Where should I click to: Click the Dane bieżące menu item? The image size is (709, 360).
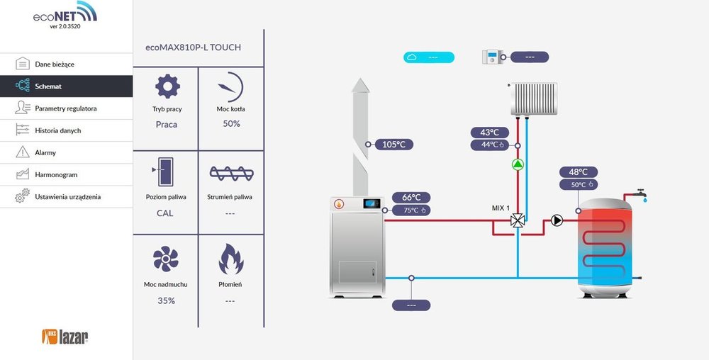tap(55, 64)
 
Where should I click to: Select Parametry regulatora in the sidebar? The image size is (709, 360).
tap(66, 108)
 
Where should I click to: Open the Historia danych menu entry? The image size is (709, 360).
tap(58, 130)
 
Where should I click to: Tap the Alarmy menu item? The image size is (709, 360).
tap(45, 152)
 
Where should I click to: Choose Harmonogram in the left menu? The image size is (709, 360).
tap(56, 174)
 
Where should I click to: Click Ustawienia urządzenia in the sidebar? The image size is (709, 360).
tap(68, 196)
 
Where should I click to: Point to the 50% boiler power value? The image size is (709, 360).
tap(232, 123)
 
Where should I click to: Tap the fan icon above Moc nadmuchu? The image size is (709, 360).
tap(167, 261)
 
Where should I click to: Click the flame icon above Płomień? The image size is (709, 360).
tap(231, 259)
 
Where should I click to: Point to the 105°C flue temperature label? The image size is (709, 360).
tap(393, 145)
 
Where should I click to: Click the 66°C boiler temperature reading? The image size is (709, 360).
tap(411, 198)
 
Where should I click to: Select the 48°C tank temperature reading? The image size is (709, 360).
tap(578, 171)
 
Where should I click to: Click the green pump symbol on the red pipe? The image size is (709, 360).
tap(518, 166)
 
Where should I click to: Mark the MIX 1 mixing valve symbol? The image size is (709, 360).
tap(518, 221)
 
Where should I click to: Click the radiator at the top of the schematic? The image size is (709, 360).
tap(535, 99)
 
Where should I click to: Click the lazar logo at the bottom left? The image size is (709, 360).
tap(65, 336)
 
